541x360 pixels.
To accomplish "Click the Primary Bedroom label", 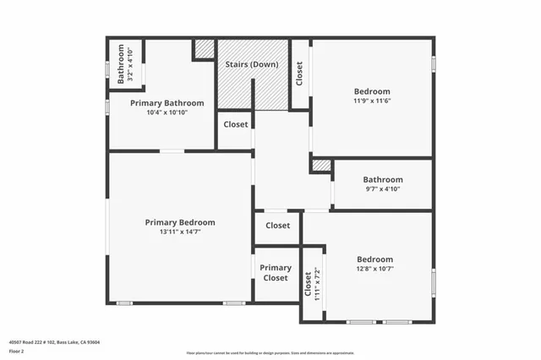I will tap(179, 222).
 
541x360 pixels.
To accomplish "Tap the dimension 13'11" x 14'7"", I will tap(179, 233).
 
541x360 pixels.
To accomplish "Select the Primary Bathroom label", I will tap(163, 102).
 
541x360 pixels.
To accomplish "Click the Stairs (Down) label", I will tap(252, 64).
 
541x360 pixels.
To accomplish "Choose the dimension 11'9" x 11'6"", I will tap(372, 101).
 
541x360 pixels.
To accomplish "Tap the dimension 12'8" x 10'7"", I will tap(374, 270).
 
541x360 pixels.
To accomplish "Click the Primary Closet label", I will tap(276, 273).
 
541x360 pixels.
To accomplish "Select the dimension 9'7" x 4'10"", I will tap(383, 189).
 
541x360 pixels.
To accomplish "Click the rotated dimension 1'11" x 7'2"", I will tap(318, 284).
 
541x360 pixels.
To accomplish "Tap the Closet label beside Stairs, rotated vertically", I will tap(299, 74).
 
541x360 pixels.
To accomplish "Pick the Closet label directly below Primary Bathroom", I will tap(236, 124).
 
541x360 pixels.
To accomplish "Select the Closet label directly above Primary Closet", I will tap(277, 226).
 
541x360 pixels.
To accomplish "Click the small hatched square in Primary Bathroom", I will tap(204, 49).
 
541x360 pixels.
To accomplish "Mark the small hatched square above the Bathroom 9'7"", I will tap(321, 166).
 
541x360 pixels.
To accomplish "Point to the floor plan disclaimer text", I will tap(270, 352).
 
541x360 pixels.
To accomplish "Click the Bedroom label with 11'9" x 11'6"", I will tap(372, 91).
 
